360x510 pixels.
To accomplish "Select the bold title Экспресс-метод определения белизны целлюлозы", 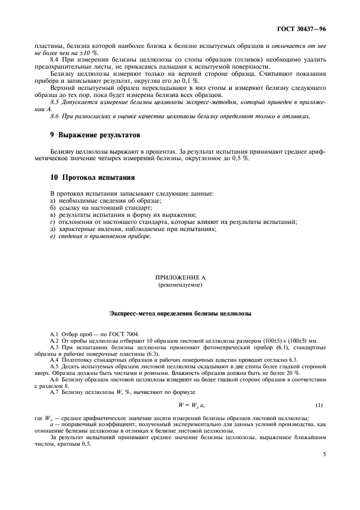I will click(x=180, y=314).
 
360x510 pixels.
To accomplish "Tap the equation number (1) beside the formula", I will click(x=319, y=405).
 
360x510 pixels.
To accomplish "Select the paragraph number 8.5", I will click(x=55, y=102).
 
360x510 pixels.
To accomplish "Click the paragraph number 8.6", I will click(x=55, y=116).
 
